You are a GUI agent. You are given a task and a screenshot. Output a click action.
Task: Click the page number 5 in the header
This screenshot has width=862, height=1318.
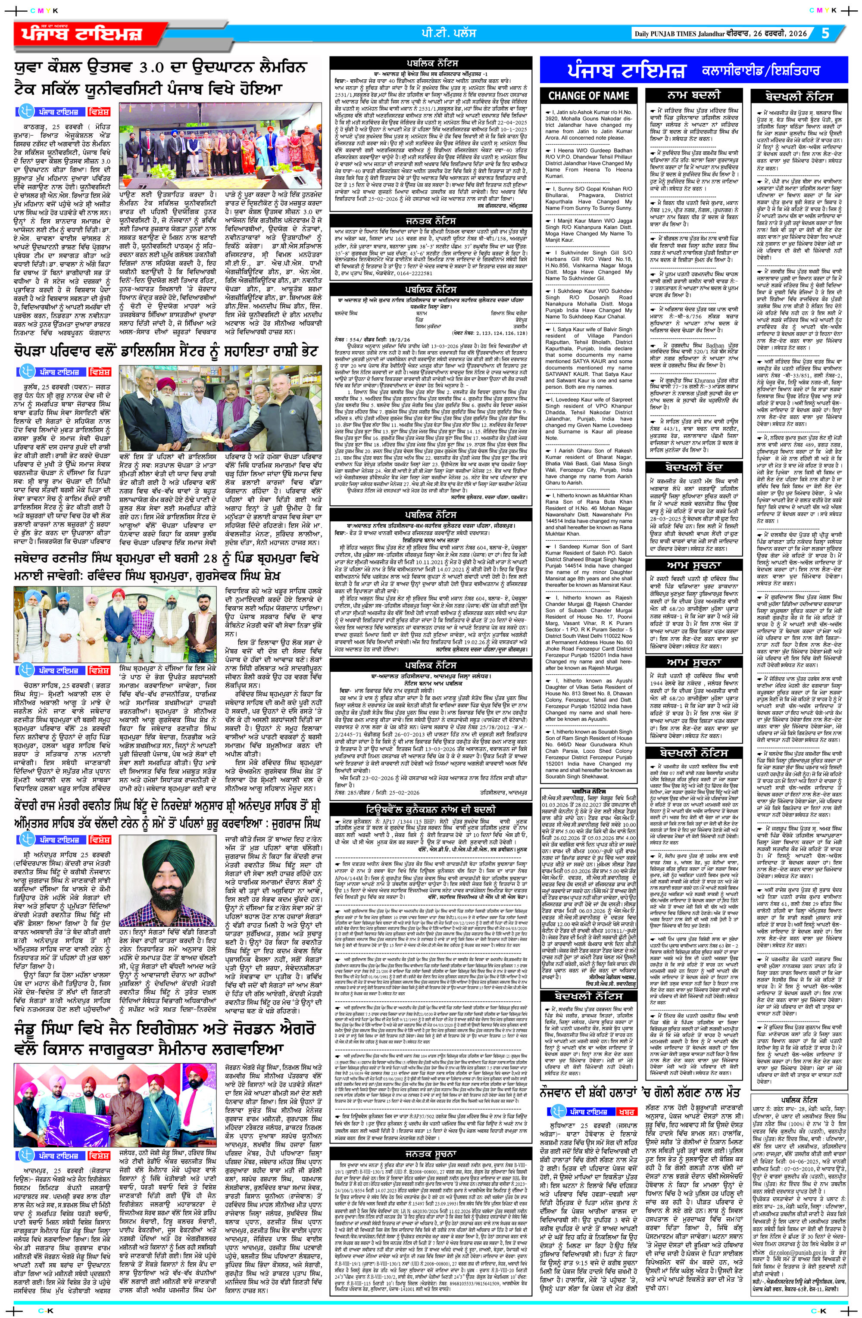825,33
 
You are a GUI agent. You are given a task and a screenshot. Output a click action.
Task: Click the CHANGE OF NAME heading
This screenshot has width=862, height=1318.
588,96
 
